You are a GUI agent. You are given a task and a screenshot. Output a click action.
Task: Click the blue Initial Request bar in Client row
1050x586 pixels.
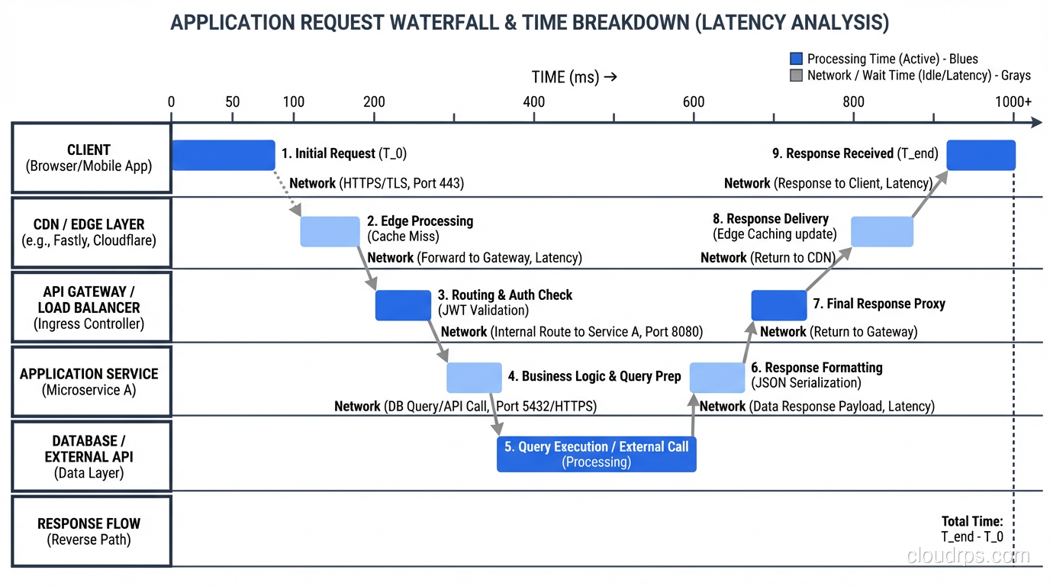[x=223, y=155]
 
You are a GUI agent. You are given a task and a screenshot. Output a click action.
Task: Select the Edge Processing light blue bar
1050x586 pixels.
[x=330, y=231]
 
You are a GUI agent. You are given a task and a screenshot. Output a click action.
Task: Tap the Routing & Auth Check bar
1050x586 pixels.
[x=403, y=305]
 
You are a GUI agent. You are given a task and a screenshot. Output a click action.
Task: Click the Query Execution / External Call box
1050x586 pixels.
[x=596, y=454]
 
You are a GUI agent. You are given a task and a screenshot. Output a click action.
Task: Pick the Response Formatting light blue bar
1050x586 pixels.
[x=717, y=378]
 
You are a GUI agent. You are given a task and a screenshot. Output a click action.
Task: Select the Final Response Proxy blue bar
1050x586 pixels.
[x=778, y=305]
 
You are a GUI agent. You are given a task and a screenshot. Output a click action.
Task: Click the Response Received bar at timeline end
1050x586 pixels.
[x=981, y=155]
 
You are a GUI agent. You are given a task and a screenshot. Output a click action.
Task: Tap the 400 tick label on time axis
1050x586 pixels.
[x=534, y=102]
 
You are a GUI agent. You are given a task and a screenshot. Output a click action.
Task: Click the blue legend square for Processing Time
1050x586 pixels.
[x=796, y=59]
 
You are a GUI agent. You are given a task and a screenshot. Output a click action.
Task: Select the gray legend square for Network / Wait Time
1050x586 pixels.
[x=796, y=76]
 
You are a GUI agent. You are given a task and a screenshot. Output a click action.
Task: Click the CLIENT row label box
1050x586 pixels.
[x=90, y=158]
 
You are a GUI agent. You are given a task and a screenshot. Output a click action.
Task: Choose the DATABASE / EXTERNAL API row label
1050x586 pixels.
[x=90, y=456]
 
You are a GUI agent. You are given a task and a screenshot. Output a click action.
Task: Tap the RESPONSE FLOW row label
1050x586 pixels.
[x=90, y=531]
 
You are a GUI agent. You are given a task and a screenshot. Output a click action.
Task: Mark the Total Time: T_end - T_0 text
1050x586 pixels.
[x=972, y=529]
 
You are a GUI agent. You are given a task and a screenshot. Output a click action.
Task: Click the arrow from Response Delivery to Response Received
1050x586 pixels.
[x=928, y=195]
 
